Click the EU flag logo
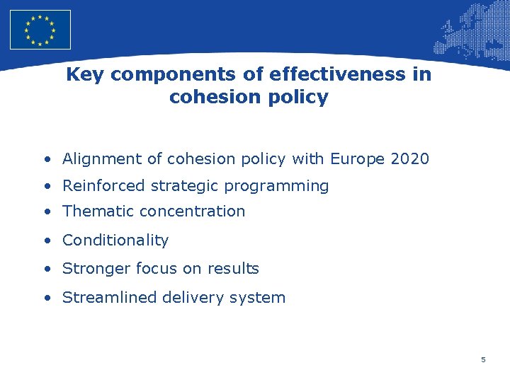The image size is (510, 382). (x=40, y=30)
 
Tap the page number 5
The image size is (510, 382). (x=483, y=360)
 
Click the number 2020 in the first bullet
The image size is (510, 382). (x=409, y=158)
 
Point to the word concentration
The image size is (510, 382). (x=192, y=211)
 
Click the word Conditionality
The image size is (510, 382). (x=115, y=241)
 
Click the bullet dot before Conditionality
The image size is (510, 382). (x=46, y=241)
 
